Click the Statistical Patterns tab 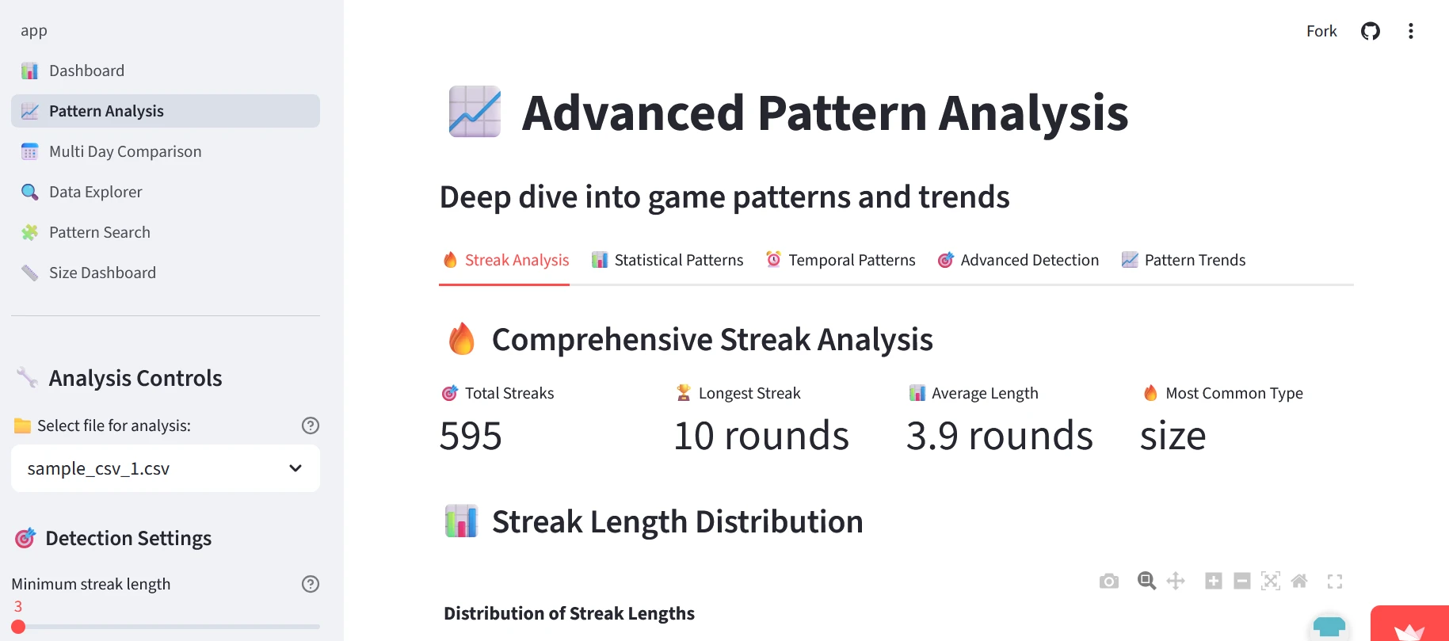click(x=667, y=260)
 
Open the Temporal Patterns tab click(x=841, y=260)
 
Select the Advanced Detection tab click(x=1018, y=260)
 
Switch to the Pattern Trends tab click(x=1184, y=260)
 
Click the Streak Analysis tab click(x=505, y=260)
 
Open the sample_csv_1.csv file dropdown click(x=166, y=468)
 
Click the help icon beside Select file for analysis click(x=311, y=425)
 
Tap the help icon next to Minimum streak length click(x=311, y=584)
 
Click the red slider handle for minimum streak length click(x=18, y=627)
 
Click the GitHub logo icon click(x=1371, y=31)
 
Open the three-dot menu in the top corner click(x=1411, y=31)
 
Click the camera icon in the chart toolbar click(x=1109, y=582)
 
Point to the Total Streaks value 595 click(x=471, y=436)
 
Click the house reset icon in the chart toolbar click(x=1299, y=582)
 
